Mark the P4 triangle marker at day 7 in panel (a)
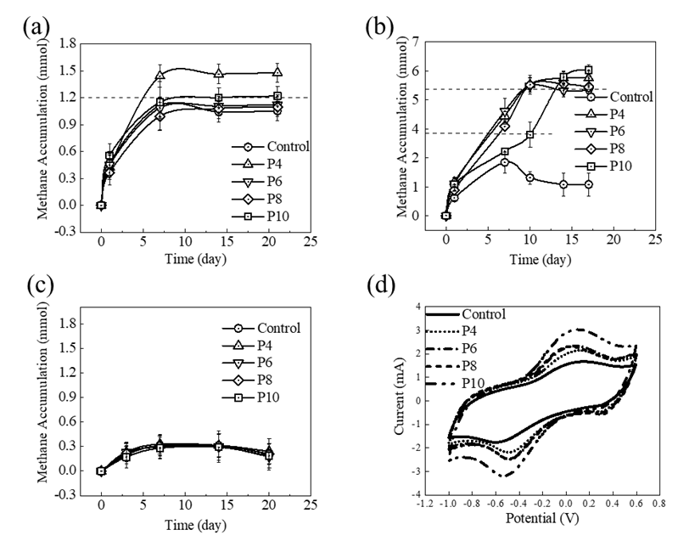coord(160,76)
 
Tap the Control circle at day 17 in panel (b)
coord(588,184)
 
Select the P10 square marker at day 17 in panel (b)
coord(588,70)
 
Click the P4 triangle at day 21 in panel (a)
coord(277,73)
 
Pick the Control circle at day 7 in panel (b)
coord(504,162)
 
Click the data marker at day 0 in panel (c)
coord(101,471)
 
